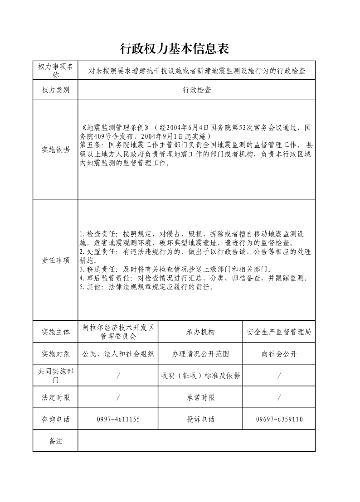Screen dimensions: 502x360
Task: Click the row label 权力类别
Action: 55,90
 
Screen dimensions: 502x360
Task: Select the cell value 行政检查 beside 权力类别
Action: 197,90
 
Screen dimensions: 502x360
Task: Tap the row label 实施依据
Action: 55,150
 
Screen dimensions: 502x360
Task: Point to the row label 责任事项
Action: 55,260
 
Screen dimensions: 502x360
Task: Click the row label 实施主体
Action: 55,332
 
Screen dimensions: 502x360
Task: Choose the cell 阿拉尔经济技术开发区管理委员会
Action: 118,332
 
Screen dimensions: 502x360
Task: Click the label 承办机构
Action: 200,332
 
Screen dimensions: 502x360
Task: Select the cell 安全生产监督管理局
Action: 279,332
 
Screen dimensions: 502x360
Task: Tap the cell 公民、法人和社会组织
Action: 118,354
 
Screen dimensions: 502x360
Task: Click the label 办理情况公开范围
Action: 200,354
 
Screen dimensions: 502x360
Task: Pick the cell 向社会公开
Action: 279,354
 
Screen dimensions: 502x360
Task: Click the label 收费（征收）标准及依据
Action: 200,376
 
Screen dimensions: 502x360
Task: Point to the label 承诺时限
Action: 200,397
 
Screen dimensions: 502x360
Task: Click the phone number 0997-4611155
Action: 118,420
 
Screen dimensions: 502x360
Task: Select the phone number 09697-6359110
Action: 279,420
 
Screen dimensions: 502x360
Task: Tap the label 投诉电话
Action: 200,420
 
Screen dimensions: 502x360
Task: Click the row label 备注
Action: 55,441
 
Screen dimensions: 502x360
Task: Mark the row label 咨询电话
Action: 55,420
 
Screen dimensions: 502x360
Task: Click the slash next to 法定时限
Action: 118,397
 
